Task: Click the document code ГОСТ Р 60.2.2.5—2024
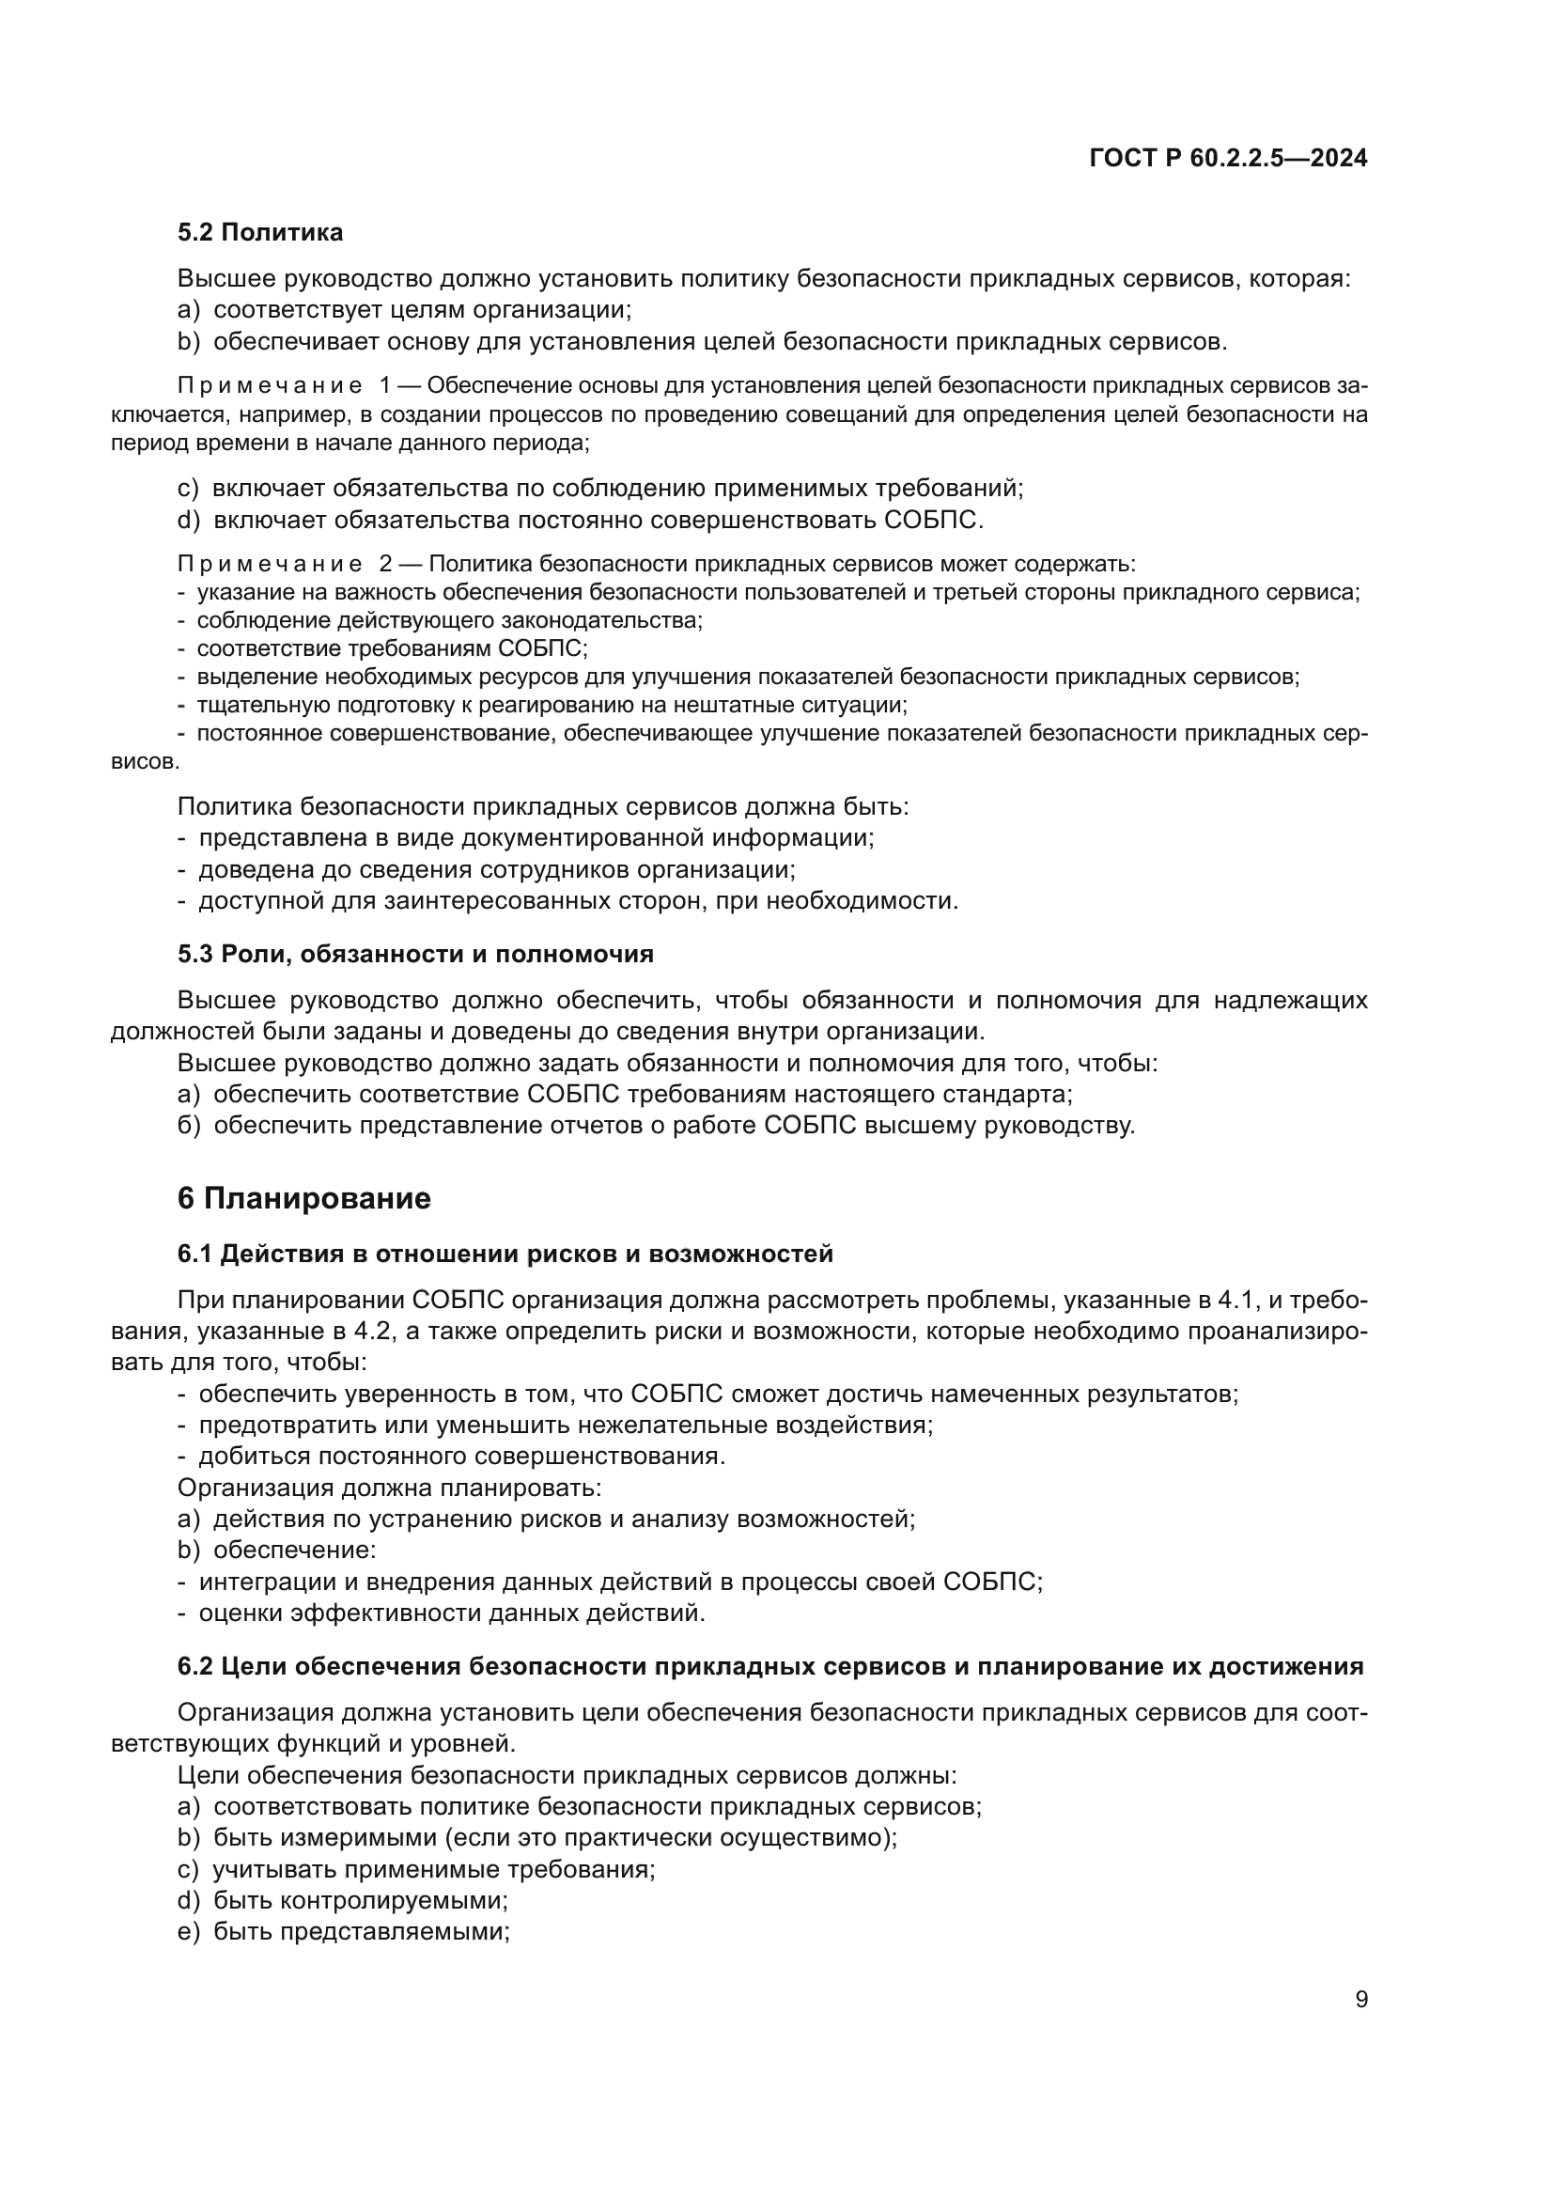[x=1228, y=158]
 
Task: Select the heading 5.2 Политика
[x=260, y=232]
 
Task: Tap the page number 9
[x=1360, y=1999]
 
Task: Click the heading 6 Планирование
[x=304, y=1197]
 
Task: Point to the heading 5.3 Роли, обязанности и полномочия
[x=415, y=954]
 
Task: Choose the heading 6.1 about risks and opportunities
[x=505, y=1254]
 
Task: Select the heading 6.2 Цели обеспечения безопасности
[x=770, y=1666]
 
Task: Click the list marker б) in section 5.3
[x=189, y=1125]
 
